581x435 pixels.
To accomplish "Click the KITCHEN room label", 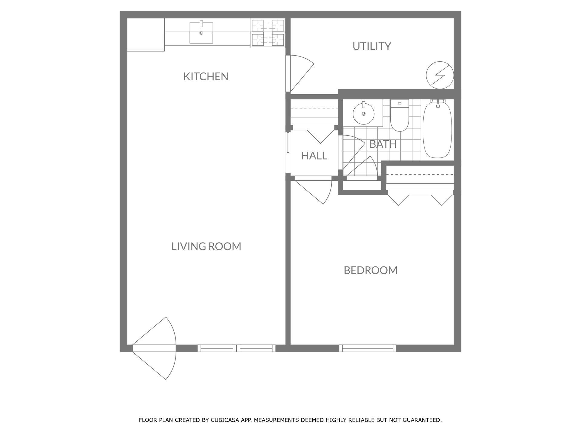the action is [206, 76].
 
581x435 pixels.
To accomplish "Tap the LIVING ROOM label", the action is [206, 246].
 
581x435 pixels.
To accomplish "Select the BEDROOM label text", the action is [371, 270].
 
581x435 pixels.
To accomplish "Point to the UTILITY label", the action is [372, 46].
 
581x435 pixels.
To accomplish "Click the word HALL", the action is [314, 156].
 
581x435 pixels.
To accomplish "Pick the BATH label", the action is [383, 144].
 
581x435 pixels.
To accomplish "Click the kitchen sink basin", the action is [201, 33].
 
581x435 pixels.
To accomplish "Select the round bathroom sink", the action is [363, 114].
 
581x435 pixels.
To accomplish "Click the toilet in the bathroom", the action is [399, 115].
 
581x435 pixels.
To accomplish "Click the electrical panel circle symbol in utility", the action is [440, 75].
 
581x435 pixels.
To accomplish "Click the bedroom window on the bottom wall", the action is [368, 348].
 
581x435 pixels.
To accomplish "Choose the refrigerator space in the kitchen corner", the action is [146, 34].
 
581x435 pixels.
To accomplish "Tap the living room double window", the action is [237, 348].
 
